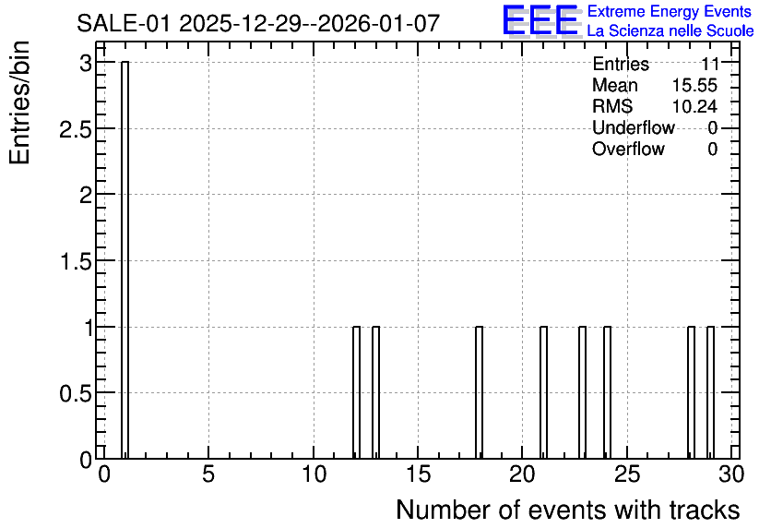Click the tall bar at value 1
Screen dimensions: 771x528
coord(125,259)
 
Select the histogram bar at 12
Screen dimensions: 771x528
coord(357,392)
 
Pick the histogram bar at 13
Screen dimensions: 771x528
coord(375,392)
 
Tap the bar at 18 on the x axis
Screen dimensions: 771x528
coord(479,392)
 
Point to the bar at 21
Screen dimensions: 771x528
coord(543,392)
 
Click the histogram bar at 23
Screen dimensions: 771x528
coord(582,392)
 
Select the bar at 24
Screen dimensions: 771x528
coord(607,392)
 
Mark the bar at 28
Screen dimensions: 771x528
coord(691,392)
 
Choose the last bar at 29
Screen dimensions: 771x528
coord(710,392)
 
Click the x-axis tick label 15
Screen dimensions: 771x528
coord(418,474)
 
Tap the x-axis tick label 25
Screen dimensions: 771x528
coord(627,474)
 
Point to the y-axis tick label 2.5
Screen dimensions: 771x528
coord(76,128)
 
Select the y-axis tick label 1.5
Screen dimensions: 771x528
coord(76,261)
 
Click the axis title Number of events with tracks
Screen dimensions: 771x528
coord(568,510)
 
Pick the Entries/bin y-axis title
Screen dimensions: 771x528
coord(19,102)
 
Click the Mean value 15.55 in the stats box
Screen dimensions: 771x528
coord(694,85)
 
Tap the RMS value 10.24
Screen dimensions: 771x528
coord(694,106)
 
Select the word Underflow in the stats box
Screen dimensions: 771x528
coord(634,127)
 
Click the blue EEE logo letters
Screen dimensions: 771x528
coord(540,20)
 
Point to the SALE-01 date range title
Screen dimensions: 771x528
coord(257,23)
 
